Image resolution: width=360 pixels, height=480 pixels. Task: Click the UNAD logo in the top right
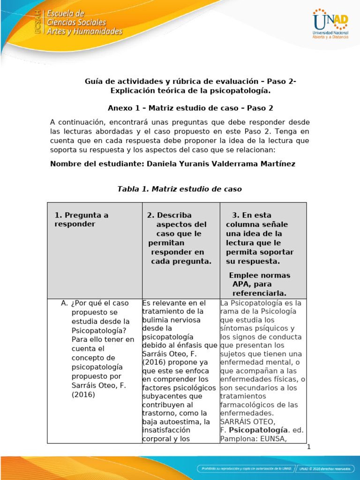(330, 23)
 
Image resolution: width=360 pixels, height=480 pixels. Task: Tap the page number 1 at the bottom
(309, 447)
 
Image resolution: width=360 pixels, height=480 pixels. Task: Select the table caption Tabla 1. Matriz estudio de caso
(179, 189)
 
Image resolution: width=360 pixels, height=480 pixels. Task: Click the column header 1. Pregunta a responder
(81, 219)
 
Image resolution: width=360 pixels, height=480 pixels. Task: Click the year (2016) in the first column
(83, 394)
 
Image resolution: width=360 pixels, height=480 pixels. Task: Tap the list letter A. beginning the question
(65, 303)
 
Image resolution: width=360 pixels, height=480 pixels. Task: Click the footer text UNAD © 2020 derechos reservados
(324, 468)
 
